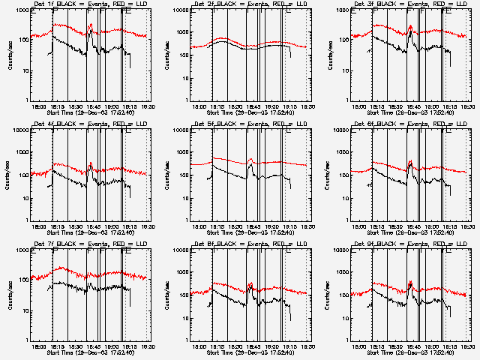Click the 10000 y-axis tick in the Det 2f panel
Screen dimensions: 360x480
tap(178, 11)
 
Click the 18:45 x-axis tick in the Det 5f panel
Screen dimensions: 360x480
tap(250, 226)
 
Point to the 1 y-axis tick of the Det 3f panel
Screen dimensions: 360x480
tap(345, 100)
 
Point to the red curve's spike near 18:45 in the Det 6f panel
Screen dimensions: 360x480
tap(410, 161)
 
